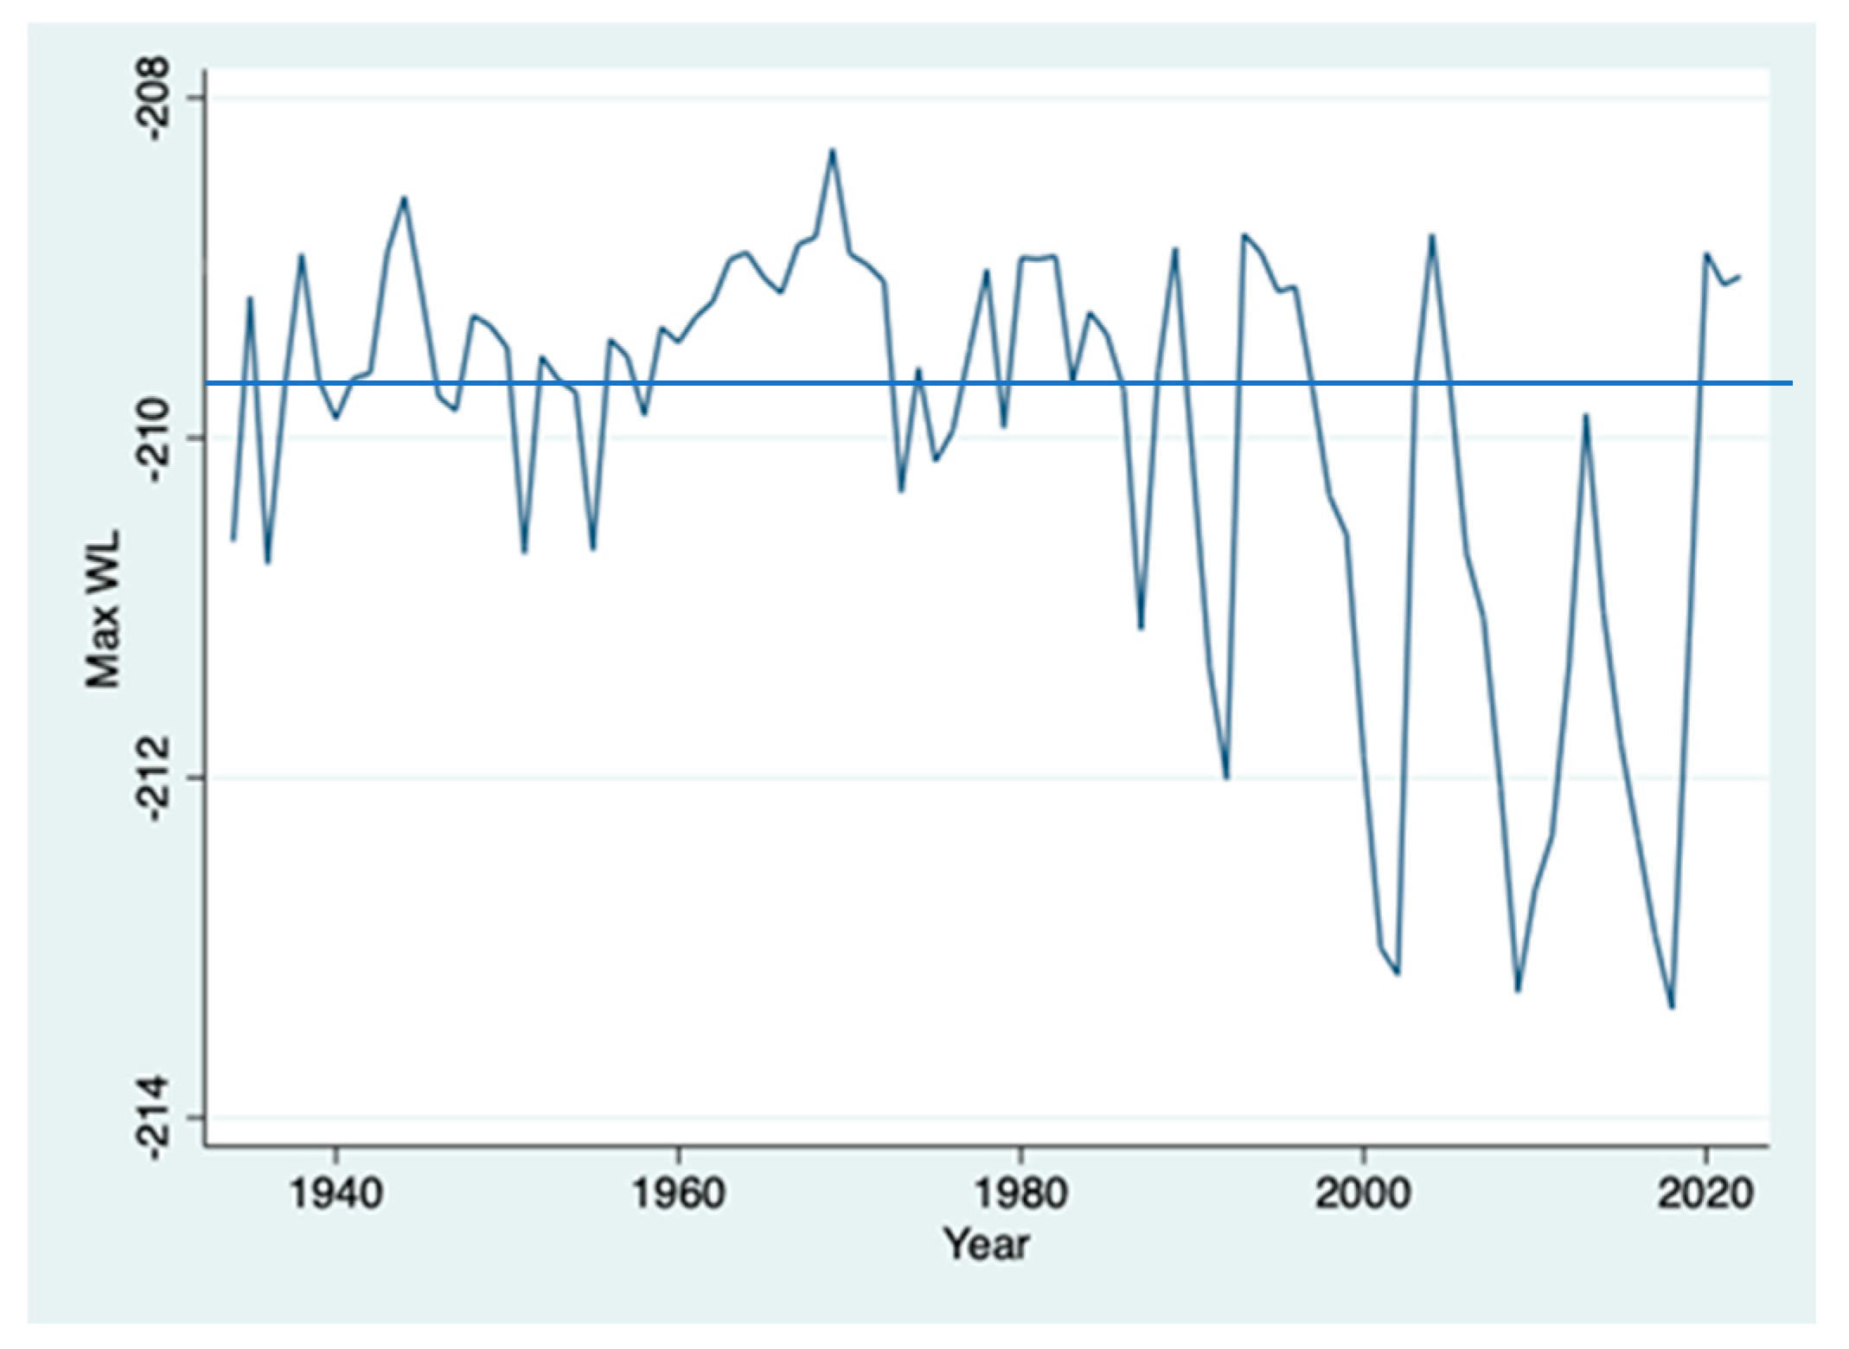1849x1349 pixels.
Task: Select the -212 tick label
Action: (x=159, y=777)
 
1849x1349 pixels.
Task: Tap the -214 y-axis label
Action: (x=159, y=1117)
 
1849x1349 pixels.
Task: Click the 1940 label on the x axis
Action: (x=336, y=1194)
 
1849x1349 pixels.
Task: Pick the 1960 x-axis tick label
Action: (x=678, y=1194)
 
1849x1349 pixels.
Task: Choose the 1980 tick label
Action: (x=1020, y=1194)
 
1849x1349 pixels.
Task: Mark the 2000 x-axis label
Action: (x=1363, y=1194)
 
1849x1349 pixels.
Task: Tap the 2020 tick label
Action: (x=1705, y=1194)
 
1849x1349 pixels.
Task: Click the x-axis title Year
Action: (x=986, y=1244)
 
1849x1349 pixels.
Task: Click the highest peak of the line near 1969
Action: (x=832, y=150)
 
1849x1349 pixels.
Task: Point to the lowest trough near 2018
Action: (x=1672, y=1007)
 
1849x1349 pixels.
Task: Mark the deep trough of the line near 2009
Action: (x=1518, y=991)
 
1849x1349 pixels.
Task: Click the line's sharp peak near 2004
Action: (x=1432, y=235)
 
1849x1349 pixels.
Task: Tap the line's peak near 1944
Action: (x=404, y=198)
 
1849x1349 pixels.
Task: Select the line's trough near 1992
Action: (x=1226, y=777)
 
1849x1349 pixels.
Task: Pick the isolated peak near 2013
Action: (x=1586, y=415)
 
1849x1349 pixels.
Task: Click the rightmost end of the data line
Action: (x=1739, y=276)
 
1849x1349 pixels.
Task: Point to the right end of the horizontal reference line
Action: (x=1791, y=382)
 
